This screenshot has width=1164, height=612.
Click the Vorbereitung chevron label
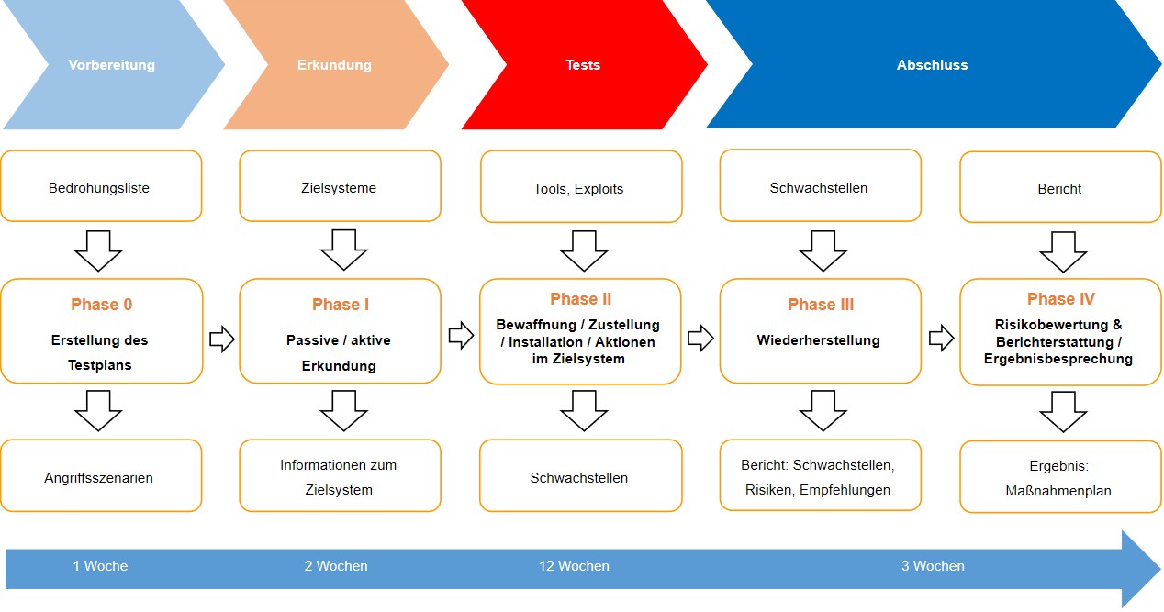(x=111, y=65)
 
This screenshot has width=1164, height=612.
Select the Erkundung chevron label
(x=334, y=65)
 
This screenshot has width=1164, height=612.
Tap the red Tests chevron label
(x=583, y=65)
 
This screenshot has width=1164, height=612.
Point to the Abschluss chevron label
(x=932, y=65)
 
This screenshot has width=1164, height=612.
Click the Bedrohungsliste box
(x=99, y=188)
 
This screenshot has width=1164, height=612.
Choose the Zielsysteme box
(x=340, y=188)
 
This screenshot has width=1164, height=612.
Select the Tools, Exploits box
(x=578, y=189)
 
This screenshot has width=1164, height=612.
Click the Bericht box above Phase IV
(x=1059, y=189)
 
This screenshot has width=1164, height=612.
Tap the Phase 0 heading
(x=101, y=305)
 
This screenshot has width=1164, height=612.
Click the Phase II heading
(x=580, y=299)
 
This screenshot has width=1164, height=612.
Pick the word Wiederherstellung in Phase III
(x=818, y=340)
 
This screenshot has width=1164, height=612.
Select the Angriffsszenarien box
(x=99, y=477)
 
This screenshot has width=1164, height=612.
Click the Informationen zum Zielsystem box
(x=339, y=477)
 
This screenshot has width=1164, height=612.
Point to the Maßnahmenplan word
(x=1058, y=491)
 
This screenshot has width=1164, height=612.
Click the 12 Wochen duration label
(x=574, y=566)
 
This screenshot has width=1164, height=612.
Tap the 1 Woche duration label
(x=100, y=566)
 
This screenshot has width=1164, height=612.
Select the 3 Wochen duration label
(x=933, y=566)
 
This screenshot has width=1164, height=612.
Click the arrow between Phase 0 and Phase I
(x=221, y=339)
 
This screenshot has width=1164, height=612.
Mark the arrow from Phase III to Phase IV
(x=941, y=339)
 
